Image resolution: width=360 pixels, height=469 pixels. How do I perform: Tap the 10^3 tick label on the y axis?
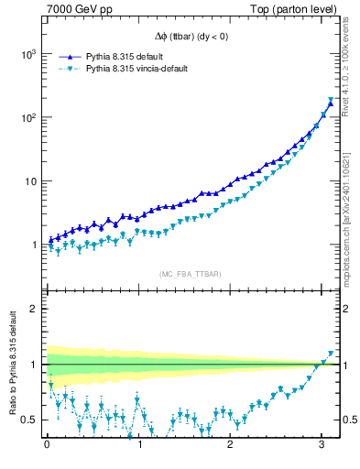click(27, 54)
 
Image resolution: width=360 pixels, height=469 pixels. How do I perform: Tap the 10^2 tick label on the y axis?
click(27, 117)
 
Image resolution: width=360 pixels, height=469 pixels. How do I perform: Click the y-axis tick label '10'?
click(30, 181)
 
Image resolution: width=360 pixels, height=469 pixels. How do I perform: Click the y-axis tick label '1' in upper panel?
click(34, 245)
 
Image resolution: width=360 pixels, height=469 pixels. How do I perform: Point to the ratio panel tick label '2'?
click(34, 309)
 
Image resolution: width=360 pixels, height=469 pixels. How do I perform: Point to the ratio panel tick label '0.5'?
click(30, 420)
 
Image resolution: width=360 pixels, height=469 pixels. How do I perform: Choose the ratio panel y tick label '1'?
click(34, 365)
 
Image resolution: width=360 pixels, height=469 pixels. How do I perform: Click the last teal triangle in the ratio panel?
click(331, 354)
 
